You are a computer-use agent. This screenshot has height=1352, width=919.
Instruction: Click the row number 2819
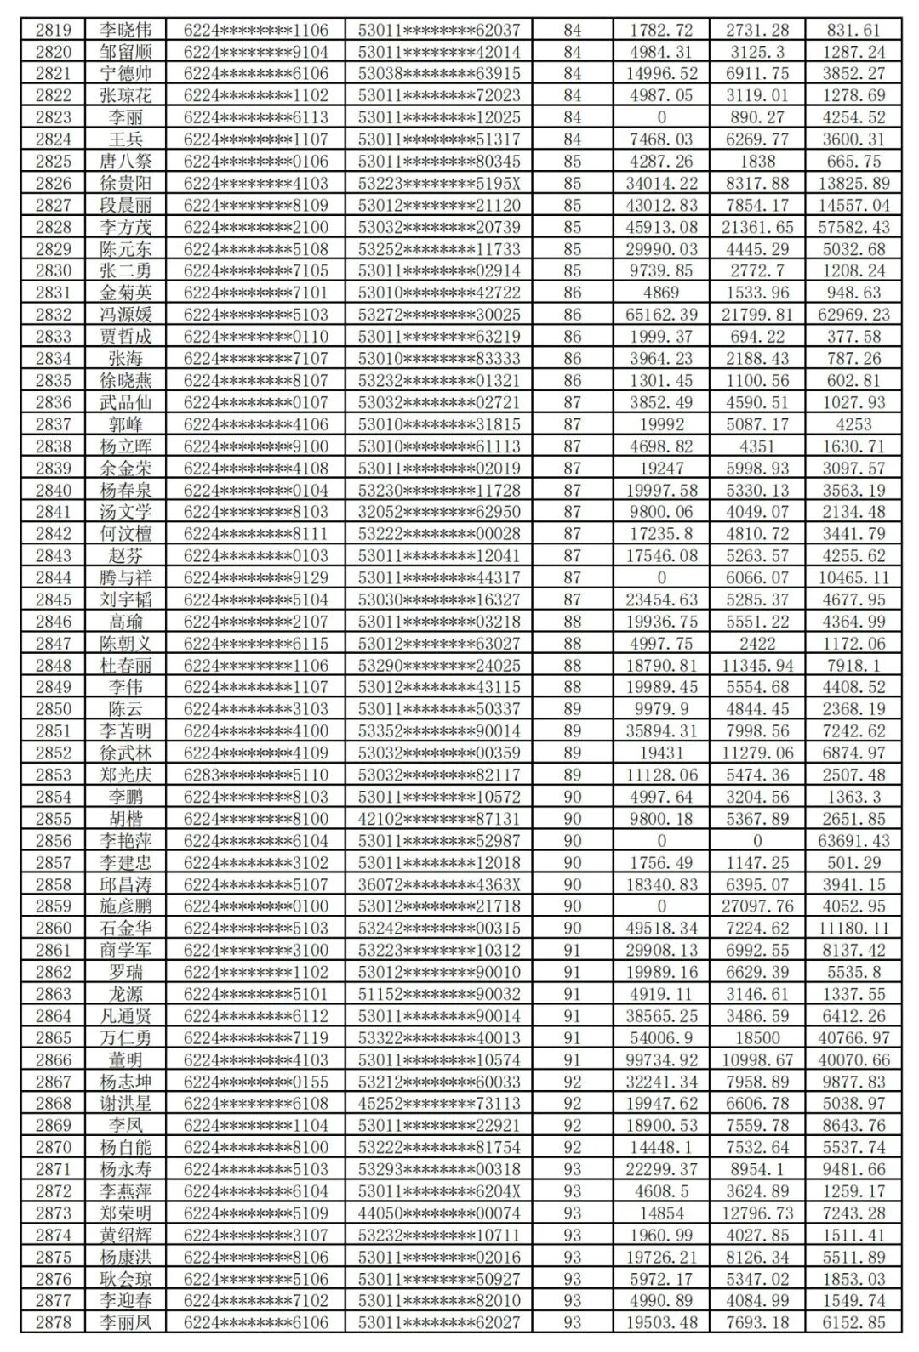point(53,30)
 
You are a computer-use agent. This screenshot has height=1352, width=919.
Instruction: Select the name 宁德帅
point(125,74)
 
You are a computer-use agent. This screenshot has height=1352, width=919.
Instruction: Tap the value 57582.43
point(854,227)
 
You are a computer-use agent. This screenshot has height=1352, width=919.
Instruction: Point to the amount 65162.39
point(661,315)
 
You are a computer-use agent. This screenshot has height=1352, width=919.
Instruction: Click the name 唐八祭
point(125,162)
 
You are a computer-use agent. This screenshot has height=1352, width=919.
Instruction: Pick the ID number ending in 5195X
point(438,184)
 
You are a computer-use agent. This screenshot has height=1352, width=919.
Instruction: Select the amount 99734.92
point(661,1059)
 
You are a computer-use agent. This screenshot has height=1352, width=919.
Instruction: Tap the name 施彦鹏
point(125,906)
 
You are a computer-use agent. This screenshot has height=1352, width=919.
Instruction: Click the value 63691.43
point(854,841)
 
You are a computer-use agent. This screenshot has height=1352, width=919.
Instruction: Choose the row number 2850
point(53,709)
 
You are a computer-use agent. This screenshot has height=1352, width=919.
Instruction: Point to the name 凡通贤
point(125,1016)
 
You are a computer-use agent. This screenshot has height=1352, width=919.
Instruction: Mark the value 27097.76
point(757,906)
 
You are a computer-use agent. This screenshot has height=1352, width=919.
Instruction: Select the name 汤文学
point(125,512)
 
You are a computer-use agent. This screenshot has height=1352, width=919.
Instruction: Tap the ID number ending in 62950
point(438,512)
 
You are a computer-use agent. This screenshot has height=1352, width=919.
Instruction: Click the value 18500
point(757,1038)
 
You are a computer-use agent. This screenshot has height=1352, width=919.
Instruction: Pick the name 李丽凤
point(125,1322)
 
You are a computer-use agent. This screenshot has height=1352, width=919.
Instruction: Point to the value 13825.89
point(854,184)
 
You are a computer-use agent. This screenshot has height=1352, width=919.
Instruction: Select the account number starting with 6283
point(255,775)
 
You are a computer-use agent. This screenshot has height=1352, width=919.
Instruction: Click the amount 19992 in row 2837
point(661,424)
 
